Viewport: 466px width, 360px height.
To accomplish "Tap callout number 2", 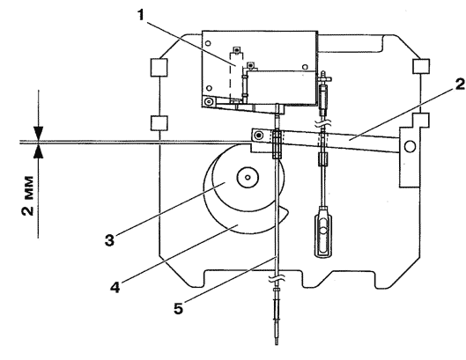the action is [x=459, y=84].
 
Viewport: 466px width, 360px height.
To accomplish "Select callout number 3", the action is [x=109, y=240].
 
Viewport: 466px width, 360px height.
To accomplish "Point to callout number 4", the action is [x=115, y=287].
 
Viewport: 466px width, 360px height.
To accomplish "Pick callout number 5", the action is [x=178, y=308].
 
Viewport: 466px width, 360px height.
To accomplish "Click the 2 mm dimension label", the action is [x=28, y=195].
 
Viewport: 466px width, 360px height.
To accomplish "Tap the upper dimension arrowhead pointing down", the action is [x=39, y=133].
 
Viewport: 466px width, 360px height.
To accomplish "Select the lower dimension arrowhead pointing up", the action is [x=39, y=151].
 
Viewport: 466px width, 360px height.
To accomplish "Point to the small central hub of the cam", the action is [x=248, y=177].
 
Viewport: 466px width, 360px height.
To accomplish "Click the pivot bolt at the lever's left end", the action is [x=260, y=136].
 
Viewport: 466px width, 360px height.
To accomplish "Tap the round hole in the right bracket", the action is [x=410, y=146].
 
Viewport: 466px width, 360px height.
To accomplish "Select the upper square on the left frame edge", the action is [x=159, y=68].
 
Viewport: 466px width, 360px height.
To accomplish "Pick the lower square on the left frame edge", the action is [x=159, y=123].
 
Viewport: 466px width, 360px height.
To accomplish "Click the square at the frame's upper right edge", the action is [x=421, y=66].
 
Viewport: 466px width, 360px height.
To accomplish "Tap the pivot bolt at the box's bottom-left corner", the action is [x=209, y=101].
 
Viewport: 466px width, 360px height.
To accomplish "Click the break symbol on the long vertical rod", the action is [x=277, y=278].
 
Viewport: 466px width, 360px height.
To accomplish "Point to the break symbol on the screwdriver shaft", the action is [x=323, y=121].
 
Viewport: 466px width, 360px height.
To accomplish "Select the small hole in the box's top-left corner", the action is [x=208, y=44].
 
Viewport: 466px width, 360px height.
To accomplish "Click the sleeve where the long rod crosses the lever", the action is [x=277, y=144].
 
